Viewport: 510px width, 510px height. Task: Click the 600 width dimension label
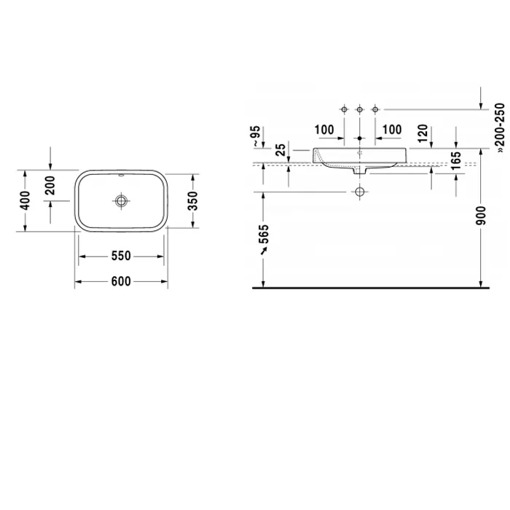click(121, 281)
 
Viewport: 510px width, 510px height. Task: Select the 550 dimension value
click(121, 256)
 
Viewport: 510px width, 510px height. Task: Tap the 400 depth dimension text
click(25, 200)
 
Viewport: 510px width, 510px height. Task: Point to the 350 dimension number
click(193, 201)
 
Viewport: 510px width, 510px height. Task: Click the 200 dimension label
click(50, 185)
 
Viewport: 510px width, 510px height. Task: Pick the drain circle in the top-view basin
click(121, 201)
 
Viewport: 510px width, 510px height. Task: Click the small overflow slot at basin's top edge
click(121, 176)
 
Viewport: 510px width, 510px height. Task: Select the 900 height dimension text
click(481, 216)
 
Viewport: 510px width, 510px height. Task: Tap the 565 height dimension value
click(264, 234)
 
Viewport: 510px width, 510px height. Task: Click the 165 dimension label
click(456, 160)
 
